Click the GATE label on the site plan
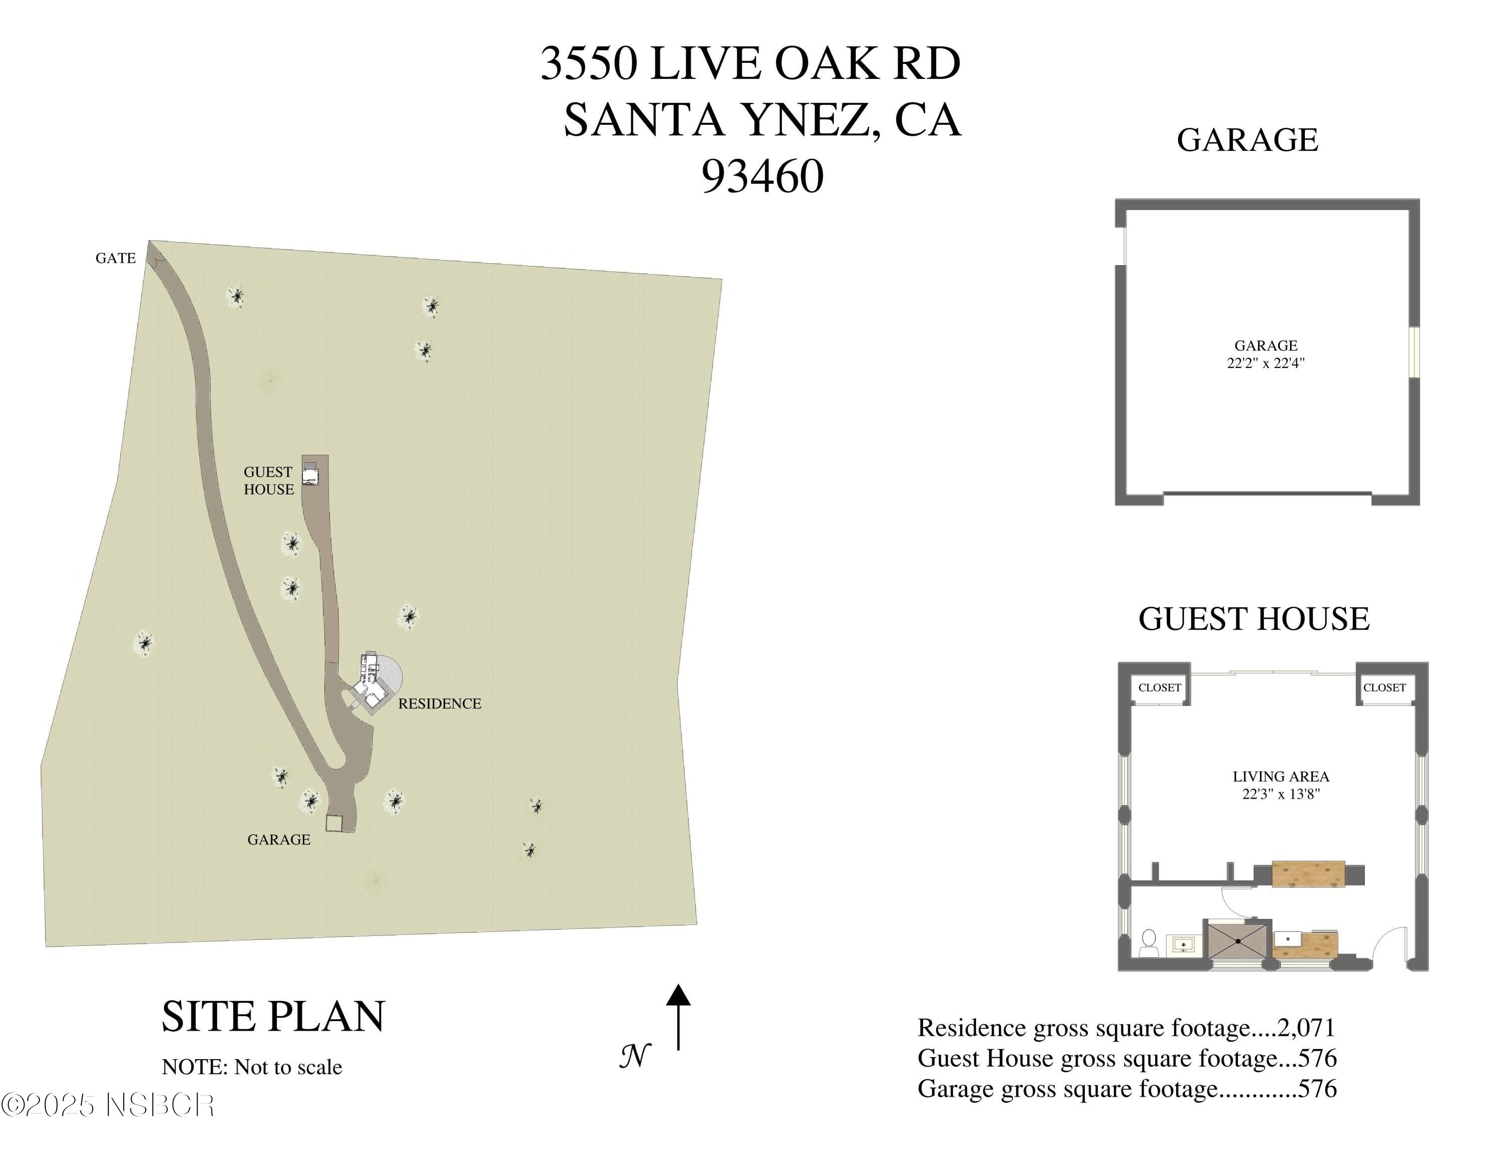(x=115, y=259)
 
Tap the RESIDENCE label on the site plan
(x=439, y=703)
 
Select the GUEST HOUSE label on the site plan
(x=268, y=481)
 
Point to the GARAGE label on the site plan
(x=278, y=840)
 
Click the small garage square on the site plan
(x=334, y=823)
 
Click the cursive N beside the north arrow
(x=635, y=1056)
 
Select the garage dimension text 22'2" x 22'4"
(x=1265, y=363)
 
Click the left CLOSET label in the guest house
(x=1160, y=687)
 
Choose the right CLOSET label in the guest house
(x=1384, y=687)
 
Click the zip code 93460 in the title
(x=762, y=176)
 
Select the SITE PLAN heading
(x=273, y=1016)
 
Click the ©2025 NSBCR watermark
(x=108, y=1105)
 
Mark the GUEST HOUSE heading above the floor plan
(x=1253, y=619)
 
